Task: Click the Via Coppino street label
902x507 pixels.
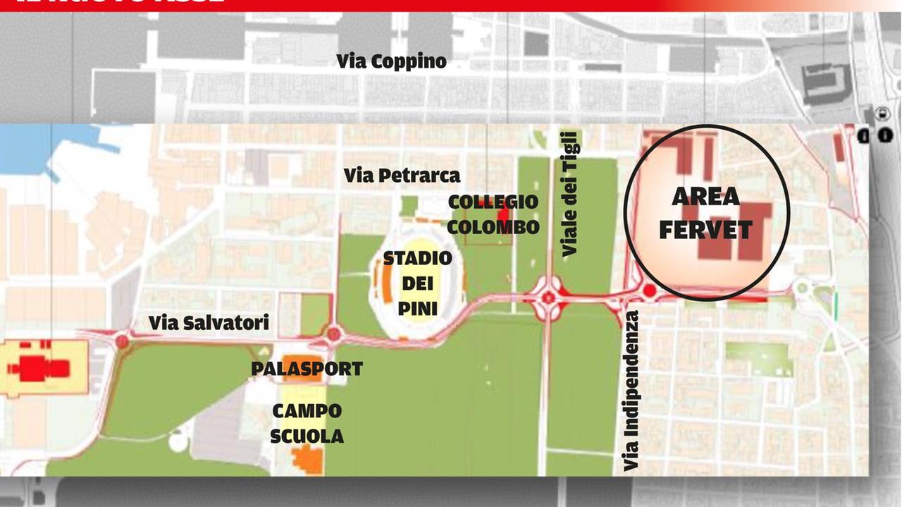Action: point(391,61)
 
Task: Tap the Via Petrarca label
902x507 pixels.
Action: point(402,175)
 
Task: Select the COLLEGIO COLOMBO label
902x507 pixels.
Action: point(493,214)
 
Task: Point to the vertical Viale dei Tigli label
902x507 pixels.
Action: point(569,193)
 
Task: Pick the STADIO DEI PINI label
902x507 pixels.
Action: point(417,283)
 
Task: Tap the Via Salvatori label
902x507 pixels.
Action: point(209,323)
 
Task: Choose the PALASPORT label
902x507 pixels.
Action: point(307,368)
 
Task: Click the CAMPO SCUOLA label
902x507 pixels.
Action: point(307,423)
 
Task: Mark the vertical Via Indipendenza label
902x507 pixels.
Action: point(631,390)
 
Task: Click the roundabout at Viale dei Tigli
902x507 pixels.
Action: point(549,298)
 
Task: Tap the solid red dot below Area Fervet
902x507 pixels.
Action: point(650,291)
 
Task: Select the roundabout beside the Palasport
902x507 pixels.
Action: point(333,334)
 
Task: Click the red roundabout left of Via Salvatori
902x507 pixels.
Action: point(123,342)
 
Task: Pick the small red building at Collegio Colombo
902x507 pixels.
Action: point(502,215)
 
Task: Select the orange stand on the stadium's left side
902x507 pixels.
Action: point(387,286)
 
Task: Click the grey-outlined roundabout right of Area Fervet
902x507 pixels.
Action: point(801,288)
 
